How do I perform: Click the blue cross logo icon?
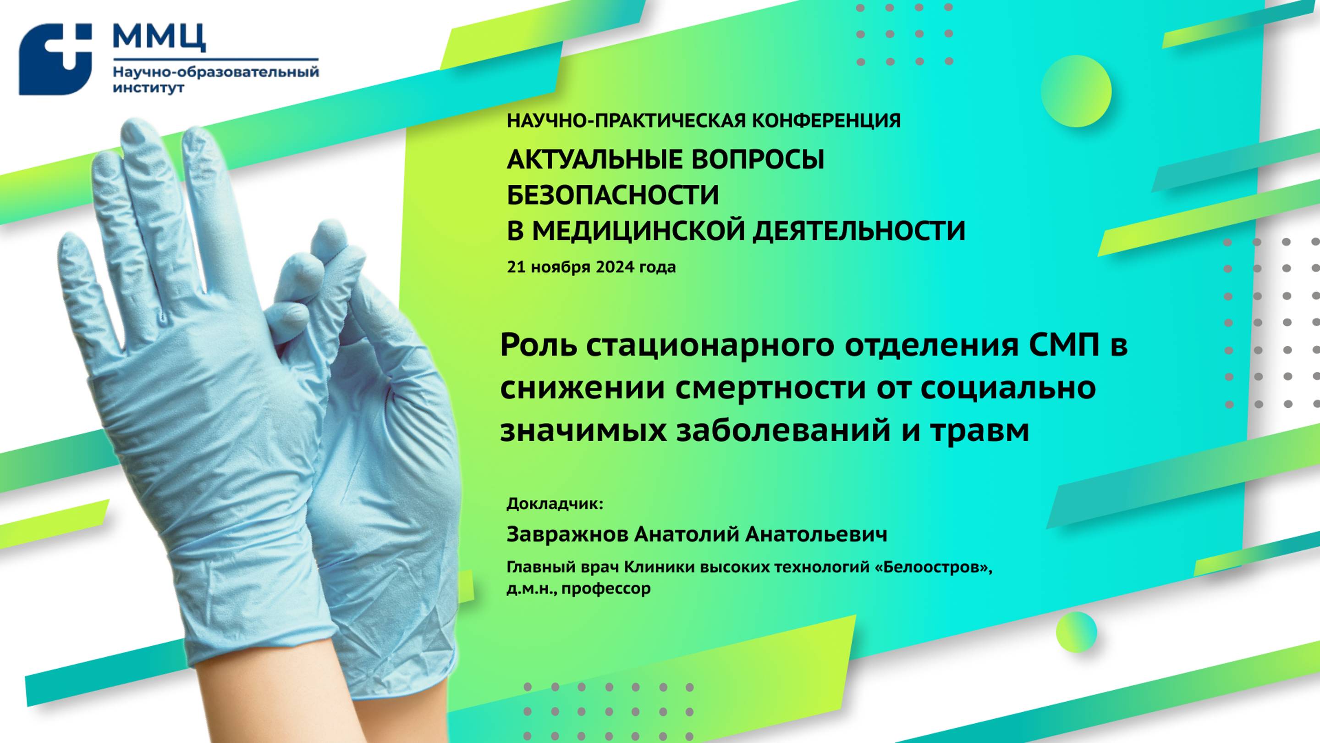55,60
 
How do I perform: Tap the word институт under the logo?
148,88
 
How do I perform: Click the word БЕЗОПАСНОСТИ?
613,195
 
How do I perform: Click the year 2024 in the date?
614,267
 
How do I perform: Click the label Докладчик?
555,504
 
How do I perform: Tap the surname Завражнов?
567,534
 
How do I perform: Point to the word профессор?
606,588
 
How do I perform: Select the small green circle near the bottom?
1076,632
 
